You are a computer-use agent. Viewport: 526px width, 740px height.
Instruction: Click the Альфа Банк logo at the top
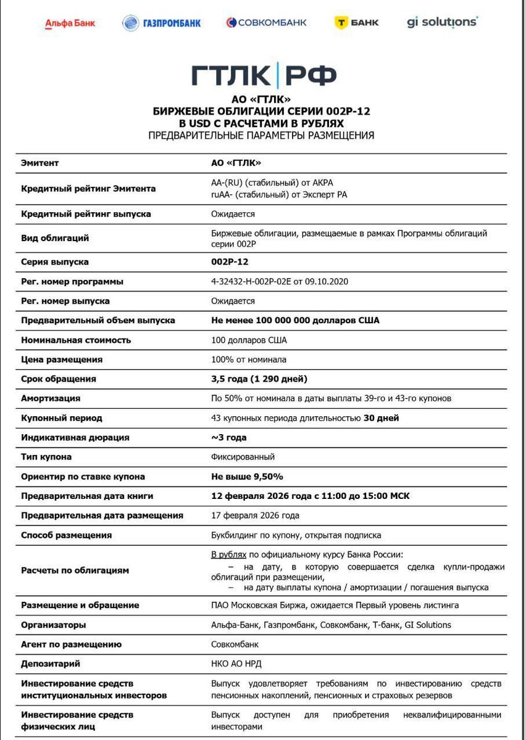[x=70, y=23]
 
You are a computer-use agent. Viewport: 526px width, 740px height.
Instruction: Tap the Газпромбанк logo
[x=162, y=23]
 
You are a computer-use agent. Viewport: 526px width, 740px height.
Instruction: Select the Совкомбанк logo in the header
[x=266, y=23]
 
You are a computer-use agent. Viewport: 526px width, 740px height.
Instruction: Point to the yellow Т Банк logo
[x=356, y=23]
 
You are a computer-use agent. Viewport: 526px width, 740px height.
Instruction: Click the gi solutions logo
[x=442, y=22]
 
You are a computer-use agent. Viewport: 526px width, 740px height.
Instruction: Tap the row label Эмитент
[x=40, y=163]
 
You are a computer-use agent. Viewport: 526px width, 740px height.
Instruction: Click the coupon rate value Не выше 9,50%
[x=247, y=477]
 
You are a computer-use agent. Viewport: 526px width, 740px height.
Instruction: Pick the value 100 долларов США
[x=249, y=340]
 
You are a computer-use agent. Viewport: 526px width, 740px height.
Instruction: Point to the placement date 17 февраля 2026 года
[x=255, y=516]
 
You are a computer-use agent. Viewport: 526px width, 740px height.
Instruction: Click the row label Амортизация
[x=51, y=398]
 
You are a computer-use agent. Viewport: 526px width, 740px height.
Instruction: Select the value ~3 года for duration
[x=228, y=437]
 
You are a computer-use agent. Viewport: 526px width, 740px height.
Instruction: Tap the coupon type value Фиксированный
[x=243, y=457]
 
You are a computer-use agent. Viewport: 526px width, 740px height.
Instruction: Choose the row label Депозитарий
[x=51, y=664]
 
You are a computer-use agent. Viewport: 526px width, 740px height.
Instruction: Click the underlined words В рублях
[x=228, y=554]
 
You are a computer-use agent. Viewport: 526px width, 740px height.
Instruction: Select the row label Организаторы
[x=54, y=625]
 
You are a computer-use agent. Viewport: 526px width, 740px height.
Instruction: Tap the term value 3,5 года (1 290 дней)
[x=259, y=379]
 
